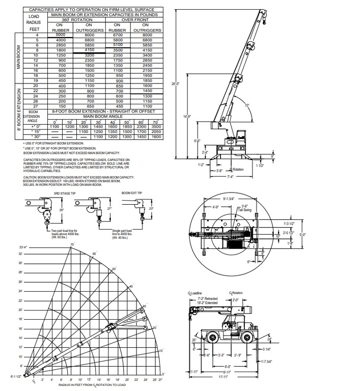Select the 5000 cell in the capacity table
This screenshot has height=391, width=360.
click(61, 35)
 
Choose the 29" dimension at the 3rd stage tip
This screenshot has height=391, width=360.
click(62, 210)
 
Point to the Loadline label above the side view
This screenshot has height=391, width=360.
click(197, 294)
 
